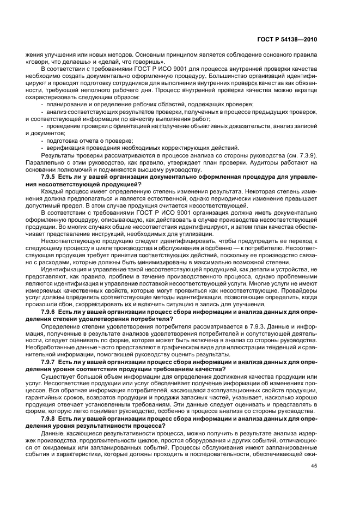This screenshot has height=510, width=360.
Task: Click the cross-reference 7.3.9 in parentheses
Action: pos(308,155)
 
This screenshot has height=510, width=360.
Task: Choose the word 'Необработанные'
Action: pos(46,347)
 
